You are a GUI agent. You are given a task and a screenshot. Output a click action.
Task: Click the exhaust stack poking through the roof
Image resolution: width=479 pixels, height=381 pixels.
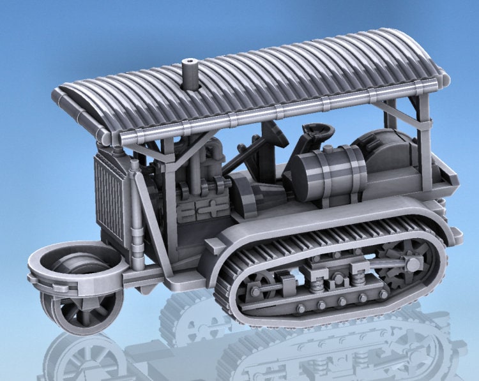(x=190, y=74)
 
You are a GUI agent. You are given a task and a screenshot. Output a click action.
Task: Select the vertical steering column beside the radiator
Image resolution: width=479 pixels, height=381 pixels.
(x=135, y=211)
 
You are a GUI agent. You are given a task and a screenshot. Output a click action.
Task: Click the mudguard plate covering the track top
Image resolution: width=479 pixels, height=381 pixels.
(x=332, y=217)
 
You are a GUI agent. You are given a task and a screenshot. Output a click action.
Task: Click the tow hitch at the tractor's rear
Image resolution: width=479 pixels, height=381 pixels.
(x=454, y=233)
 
